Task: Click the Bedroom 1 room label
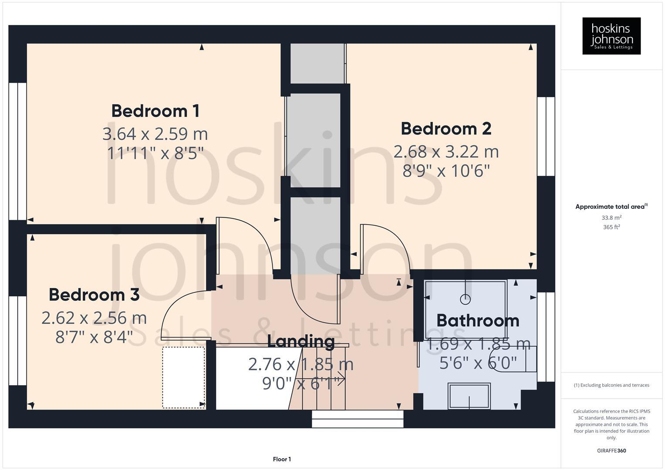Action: click(x=155, y=111)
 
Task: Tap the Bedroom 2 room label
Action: click(x=446, y=129)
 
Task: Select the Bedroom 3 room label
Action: click(x=94, y=295)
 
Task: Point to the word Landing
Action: click(x=300, y=341)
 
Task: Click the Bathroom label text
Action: click(x=478, y=321)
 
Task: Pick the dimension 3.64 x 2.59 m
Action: click(x=155, y=134)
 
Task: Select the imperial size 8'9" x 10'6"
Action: click(x=446, y=171)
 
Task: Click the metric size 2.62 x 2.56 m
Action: click(x=94, y=318)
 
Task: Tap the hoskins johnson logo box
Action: click(x=611, y=36)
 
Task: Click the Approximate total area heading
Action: click(x=611, y=207)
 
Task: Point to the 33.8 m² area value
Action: click(x=611, y=218)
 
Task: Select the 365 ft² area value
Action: click(x=611, y=227)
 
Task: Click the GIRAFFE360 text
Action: click(x=611, y=451)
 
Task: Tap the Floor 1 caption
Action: click(x=282, y=459)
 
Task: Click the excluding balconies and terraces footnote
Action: click(x=611, y=385)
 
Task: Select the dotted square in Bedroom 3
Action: click(x=183, y=377)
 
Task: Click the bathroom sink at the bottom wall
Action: click(x=469, y=396)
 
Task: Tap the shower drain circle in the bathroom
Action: click(x=465, y=299)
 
